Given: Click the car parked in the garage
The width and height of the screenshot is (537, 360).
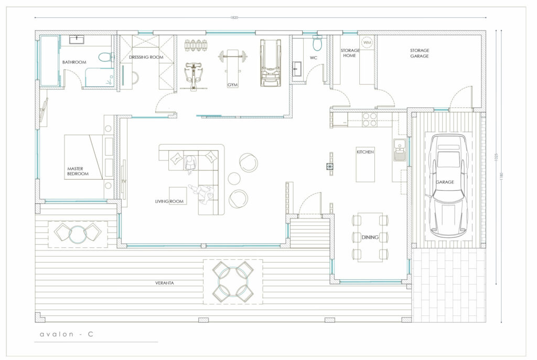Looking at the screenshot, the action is point(448,186).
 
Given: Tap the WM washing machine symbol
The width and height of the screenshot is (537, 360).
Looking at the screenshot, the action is point(367,42).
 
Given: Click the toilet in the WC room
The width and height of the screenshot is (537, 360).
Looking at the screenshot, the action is point(317,43).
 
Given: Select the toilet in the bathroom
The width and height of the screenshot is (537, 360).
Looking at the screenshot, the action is point(106,57).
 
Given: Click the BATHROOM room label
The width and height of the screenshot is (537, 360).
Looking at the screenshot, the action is point(74,62).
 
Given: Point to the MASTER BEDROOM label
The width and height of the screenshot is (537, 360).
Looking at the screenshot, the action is point(78,171).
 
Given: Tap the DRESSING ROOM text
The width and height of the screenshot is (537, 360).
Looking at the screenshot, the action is point(146,57).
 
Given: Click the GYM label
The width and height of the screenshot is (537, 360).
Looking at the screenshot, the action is point(232,85).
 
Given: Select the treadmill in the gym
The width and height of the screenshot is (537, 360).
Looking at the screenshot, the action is point(270,63).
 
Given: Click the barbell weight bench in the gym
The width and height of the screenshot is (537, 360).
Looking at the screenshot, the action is point(232,63).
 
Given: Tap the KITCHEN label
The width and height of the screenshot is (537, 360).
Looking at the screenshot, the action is point(365,152).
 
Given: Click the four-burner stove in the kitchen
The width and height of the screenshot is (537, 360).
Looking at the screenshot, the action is point(370,120).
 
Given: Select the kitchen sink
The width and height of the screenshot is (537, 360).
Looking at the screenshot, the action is point(399,150).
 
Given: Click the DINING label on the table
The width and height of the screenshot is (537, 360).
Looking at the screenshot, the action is point(370,237).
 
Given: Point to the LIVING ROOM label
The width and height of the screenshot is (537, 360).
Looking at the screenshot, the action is point(169,201).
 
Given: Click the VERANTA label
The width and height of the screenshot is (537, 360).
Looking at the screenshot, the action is point(164,283).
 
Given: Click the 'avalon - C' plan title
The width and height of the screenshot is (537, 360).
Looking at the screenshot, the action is point(67,334).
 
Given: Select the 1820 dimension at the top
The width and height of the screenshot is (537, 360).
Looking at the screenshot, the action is point(234,17).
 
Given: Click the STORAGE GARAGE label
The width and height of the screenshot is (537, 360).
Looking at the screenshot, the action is point(420,53).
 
